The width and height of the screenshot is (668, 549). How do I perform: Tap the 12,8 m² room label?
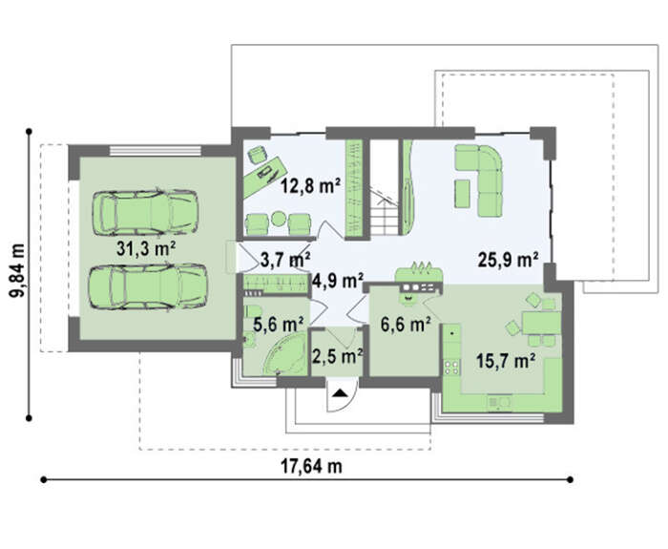pos(310,186)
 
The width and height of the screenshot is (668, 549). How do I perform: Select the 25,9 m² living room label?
pos(508,259)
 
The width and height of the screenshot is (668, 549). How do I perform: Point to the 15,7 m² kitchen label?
pos(506,362)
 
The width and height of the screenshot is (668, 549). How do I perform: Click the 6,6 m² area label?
pos(406,325)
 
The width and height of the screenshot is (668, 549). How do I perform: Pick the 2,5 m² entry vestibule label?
pos(338,356)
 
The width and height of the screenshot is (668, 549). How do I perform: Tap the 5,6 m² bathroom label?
pos(279,325)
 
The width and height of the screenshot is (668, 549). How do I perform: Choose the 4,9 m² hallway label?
pos(338,280)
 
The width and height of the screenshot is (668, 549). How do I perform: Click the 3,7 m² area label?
pos(285,260)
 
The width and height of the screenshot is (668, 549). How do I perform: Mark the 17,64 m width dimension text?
pos(311,466)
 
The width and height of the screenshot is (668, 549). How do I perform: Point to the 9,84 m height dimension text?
pos(17,270)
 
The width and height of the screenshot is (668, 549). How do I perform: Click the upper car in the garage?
pos(145,212)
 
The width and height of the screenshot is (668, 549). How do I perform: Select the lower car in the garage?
pos(148,286)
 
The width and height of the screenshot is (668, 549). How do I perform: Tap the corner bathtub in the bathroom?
pos(284,354)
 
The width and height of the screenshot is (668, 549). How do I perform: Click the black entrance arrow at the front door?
pos(340,393)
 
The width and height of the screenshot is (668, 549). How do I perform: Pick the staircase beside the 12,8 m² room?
pos(385,212)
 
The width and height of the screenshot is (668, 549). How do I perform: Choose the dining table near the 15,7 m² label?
pos(541,323)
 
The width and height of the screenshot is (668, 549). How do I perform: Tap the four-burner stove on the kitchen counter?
pos(452,368)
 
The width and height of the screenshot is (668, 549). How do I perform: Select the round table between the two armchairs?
pos(279,219)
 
